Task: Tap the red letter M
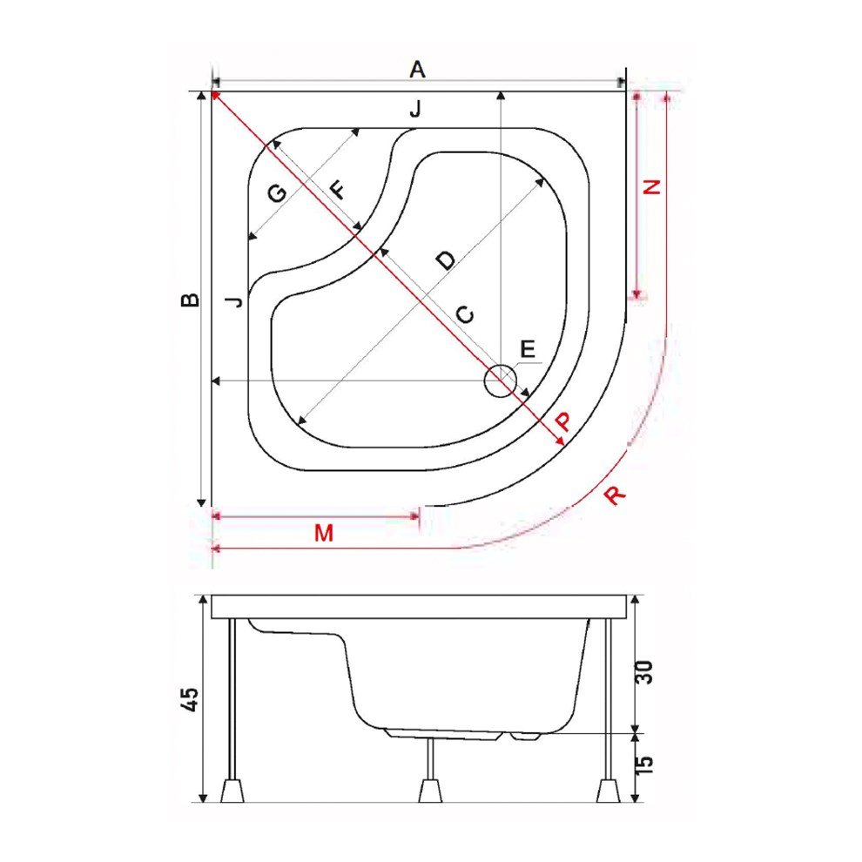pyautogui.click(x=324, y=534)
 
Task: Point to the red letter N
pyautogui.click(x=652, y=185)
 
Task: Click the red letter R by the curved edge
pyautogui.click(x=615, y=495)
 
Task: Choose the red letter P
pyautogui.click(x=563, y=422)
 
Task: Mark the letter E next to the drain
pyautogui.click(x=528, y=349)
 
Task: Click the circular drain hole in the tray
pyautogui.click(x=501, y=381)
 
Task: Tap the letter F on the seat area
pyautogui.click(x=335, y=189)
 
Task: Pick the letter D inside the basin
pyautogui.click(x=444, y=259)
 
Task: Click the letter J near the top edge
pyautogui.click(x=415, y=110)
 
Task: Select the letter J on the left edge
pyautogui.click(x=233, y=301)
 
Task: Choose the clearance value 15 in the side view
pyautogui.click(x=646, y=764)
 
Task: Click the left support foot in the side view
pyautogui.click(x=232, y=791)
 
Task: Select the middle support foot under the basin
pyautogui.click(x=429, y=791)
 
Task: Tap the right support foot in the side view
pyautogui.click(x=608, y=791)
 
